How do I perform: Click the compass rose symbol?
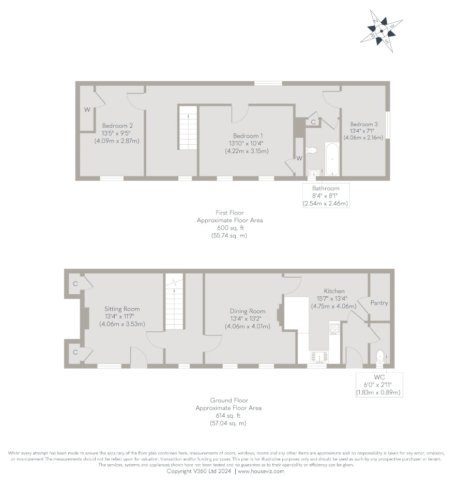pos(381,31)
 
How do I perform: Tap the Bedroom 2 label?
pos(117,126)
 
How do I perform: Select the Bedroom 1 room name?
pos(248,136)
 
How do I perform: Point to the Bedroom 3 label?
pos(363,124)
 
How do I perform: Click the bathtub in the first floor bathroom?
pos(332,159)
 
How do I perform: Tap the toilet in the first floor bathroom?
pos(311,150)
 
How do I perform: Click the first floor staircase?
pos(188,127)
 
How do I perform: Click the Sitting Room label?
pos(122,309)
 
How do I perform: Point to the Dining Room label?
pos(248,311)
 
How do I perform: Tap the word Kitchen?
pos(334,291)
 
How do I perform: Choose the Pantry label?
pos(379,303)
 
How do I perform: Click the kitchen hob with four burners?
pos(334,329)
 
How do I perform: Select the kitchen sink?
pos(319,357)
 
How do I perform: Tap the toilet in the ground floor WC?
pos(380,356)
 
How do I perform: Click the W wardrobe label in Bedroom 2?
pos(87,110)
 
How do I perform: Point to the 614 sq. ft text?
pos(228,416)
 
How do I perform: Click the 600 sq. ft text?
pos(230,228)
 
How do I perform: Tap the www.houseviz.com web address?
pos(261,471)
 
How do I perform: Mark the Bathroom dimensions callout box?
pos(326,195)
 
